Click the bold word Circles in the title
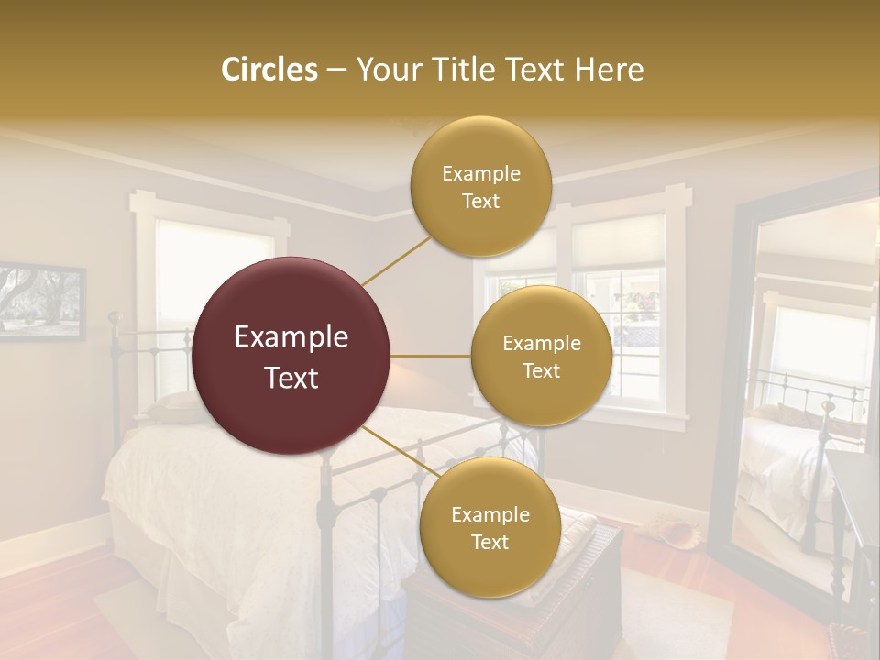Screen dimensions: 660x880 point(269,70)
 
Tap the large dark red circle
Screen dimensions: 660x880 point(291,356)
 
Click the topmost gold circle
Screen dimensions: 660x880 point(481,186)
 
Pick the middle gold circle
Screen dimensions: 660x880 point(542,356)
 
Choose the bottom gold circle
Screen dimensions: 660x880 point(490,527)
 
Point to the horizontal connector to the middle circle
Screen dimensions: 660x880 point(431,356)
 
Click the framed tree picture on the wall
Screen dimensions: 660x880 point(41,301)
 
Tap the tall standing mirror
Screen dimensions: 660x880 point(797,385)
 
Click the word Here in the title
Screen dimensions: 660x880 point(609,70)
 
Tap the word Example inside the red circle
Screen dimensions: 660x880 point(291,337)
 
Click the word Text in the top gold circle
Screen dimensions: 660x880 point(481,201)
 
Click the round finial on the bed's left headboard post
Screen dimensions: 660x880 point(115,318)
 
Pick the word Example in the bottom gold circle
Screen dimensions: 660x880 point(490,514)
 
